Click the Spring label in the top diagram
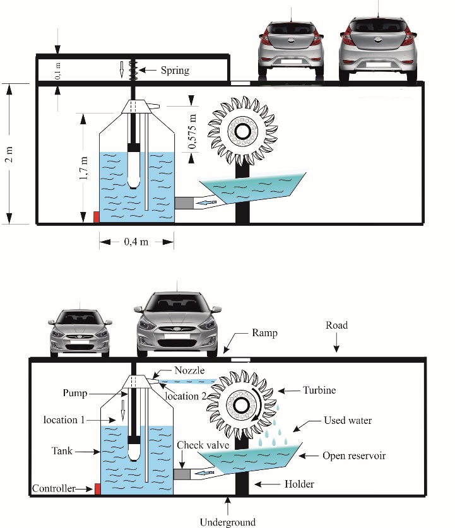(x=175, y=70)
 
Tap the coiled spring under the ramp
(x=134, y=69)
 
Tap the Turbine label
(x=319, y=390)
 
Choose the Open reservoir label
(x=355, y=455)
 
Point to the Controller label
(x=54, y=488)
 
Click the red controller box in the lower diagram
(x=97, y=489)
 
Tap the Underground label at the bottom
(x=228, y=522)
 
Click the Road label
(x=336, y=326)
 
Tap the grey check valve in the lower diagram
(x=182, y=473)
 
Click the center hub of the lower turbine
(x=242, y=404)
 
